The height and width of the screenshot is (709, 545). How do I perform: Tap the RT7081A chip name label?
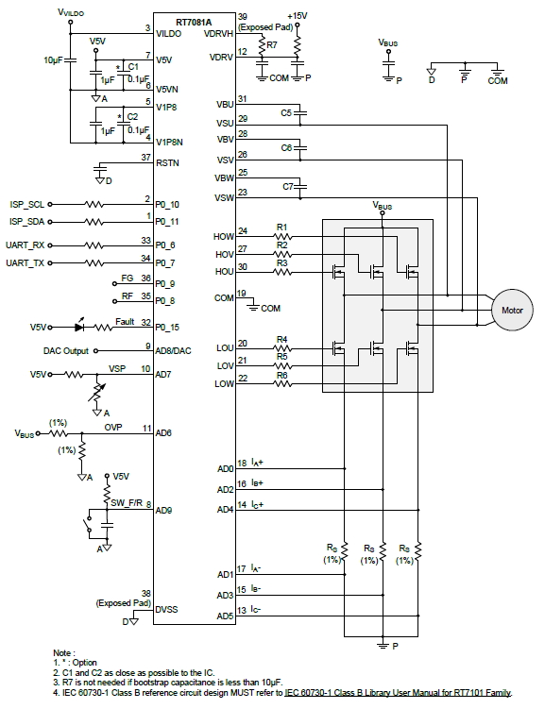194,22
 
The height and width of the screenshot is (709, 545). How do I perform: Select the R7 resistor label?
272,45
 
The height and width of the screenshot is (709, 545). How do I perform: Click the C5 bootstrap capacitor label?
286,112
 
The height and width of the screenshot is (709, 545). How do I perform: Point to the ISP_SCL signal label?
27,204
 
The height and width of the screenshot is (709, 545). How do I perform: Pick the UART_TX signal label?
25,262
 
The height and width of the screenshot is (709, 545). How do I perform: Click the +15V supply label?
298,16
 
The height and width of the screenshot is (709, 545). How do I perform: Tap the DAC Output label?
66,351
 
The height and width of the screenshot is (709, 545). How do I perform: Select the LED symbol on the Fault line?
79,326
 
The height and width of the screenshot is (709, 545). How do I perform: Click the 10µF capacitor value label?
53,60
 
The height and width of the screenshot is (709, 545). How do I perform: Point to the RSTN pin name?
167,162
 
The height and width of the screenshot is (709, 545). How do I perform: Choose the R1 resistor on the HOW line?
282,236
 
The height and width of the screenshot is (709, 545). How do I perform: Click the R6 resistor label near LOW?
281,376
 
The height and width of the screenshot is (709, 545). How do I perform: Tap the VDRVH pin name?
218,34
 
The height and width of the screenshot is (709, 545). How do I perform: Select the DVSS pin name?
166,610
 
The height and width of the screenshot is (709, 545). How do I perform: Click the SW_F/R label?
127,503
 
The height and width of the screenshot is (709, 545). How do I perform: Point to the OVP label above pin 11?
113,428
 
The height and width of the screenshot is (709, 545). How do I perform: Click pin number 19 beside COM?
242,293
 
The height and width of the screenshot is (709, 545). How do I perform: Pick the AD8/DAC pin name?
173,351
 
